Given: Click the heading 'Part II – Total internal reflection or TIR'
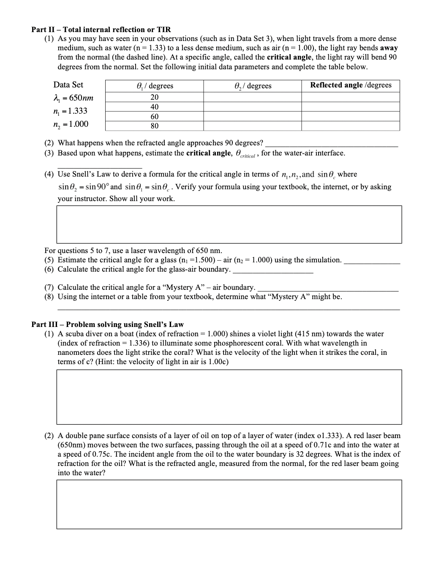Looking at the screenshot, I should tap(101, 30).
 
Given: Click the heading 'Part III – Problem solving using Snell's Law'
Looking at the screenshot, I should tap(107, 324).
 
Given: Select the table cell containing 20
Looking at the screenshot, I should tap(154, 97).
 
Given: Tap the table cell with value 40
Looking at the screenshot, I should tap(154, 107).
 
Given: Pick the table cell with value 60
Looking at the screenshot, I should tap(154, 117).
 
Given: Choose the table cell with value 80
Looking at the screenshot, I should tap(154, 126).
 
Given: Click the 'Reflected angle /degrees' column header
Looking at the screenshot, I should tap(351, 85).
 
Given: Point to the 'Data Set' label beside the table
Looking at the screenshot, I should tap(68, 84).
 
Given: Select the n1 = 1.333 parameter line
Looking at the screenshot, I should tap(71, 111).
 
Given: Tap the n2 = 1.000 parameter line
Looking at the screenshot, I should tap(71, 124).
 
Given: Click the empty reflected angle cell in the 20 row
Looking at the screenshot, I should tap(351, 97).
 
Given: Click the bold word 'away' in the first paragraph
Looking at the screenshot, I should tap(389, 48).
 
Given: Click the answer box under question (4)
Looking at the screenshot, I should tap(229, 224).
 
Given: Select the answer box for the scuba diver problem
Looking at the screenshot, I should tap(229, 397).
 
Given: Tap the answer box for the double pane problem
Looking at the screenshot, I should tap(229, 504).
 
